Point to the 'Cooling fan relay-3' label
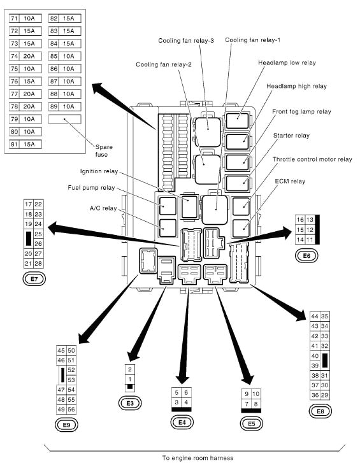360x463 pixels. pos(186,41)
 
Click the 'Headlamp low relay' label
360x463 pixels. pos(287,63)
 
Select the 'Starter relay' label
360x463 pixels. pos(291,136)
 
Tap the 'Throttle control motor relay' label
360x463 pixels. pos(312,159)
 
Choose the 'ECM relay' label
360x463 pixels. pos(290,182)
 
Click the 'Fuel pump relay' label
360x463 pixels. pos(90,188)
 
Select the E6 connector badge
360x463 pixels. pos(306,256)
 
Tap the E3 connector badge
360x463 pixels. pos(130,402)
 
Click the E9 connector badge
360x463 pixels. pos(66,424)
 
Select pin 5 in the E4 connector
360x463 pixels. pos(176,392)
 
